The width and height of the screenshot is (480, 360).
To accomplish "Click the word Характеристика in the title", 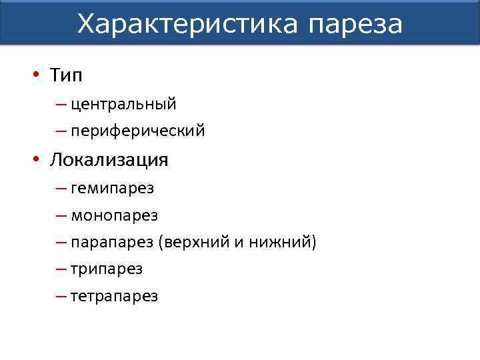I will pyautogui.click(x=187, y=24).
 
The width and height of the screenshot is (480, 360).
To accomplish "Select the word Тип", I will pyautogui.click(x=65, y=76).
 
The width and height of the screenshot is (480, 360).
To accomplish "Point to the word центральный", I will pyautogui.click(x=123, y=104).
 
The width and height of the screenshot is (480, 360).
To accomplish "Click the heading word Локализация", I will pyautogui.click(x=109, y=161).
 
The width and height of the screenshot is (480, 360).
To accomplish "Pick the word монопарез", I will pyautogui.click(x=114, y=216).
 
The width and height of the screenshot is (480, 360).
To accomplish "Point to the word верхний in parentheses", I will pyautogui.click(x=193, y=243).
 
